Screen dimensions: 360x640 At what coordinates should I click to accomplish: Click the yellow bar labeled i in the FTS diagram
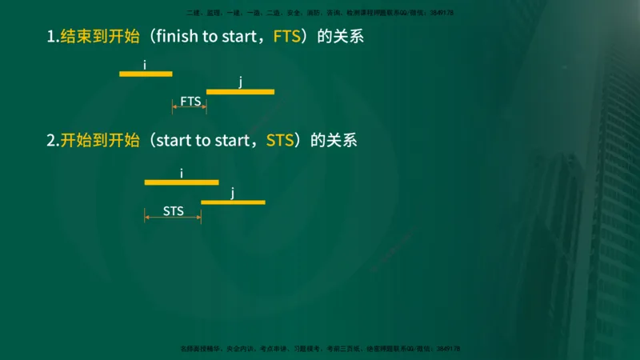[146, 74]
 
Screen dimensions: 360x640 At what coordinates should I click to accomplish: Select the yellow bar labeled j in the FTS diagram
[240, 92]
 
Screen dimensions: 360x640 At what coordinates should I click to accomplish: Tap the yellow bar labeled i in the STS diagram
[182, 182]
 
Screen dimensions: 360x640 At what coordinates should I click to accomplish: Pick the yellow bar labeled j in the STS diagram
[233, 202]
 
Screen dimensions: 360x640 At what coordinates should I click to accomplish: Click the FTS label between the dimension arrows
[190, 102]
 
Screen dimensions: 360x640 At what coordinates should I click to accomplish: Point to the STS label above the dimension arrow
[174, 211]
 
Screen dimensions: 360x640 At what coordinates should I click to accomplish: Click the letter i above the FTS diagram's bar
[145, 64]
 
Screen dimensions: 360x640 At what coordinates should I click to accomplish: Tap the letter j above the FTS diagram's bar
[240, 82]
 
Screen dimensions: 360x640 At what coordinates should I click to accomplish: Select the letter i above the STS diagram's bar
[182, 173]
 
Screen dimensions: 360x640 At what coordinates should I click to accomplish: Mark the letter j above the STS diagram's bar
[233, 192]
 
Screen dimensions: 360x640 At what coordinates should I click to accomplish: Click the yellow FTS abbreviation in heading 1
[286, 37]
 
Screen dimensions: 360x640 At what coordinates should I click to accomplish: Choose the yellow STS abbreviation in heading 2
[279, 141]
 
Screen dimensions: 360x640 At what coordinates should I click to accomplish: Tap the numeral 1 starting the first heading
[50, 37]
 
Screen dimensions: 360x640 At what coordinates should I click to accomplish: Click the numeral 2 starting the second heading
[51, 141]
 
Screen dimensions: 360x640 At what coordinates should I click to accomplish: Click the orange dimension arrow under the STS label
[173, 219]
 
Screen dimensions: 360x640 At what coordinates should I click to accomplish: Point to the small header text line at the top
[319, 13]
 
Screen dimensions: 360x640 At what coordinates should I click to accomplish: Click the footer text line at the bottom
[320, 349]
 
